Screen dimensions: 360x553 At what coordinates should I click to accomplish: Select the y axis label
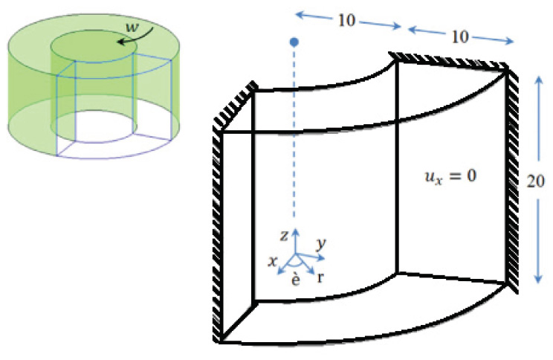point(320,243)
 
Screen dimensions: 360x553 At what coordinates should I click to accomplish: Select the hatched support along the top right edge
point(450,61)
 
